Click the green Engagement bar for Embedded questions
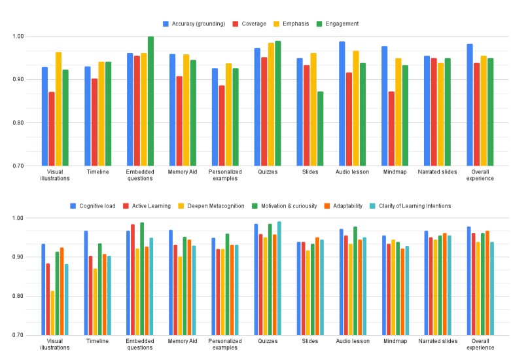[150, 101]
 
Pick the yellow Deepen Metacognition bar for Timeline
[95, 302]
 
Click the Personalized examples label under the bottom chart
[225, 344]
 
